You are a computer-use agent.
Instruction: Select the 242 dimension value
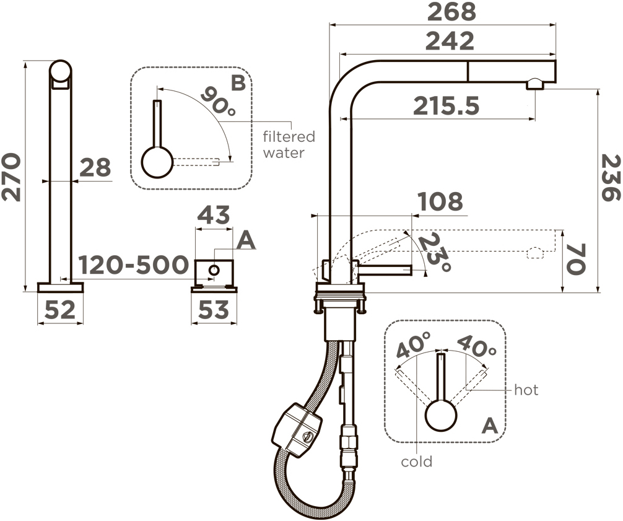[x=450, y=41]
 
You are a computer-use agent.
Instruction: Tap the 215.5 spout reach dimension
[x=446, y=106]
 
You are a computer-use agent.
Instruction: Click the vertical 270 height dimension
[x=11, y=177]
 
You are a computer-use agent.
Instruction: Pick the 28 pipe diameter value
[x=95, y=168]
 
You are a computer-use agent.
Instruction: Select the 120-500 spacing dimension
[x=133, y=265]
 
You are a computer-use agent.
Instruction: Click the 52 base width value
[x=59, y=310]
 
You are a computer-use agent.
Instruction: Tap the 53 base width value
[x=214, y=310]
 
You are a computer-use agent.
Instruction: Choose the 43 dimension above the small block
[x=214, y=215]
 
